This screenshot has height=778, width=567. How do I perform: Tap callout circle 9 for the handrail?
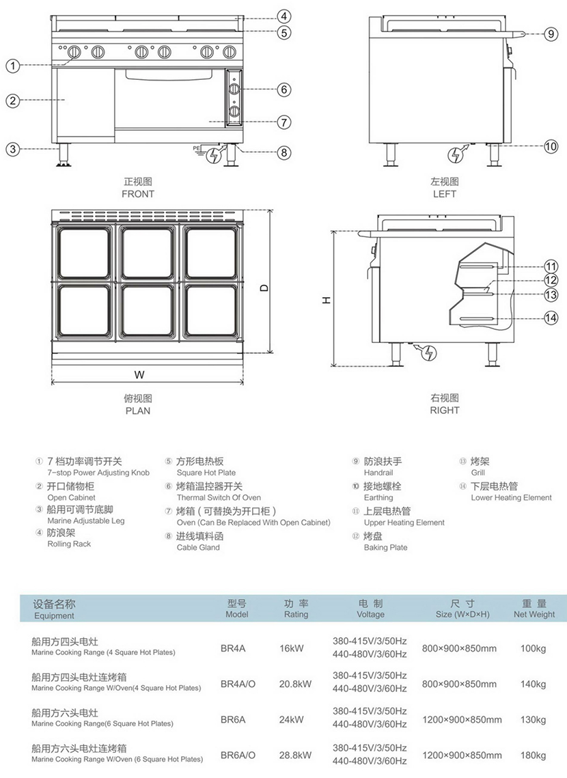[551, 33]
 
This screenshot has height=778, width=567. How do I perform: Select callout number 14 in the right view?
[551, 317]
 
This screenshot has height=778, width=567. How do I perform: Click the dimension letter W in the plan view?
[139, 374]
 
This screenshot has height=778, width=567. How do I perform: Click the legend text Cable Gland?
[198, 548]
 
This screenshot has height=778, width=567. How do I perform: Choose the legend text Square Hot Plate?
[206, 473]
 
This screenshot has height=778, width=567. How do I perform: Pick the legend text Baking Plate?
[385, 548]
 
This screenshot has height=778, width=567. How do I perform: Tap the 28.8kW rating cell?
[295, 755]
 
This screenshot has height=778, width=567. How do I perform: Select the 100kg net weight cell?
[534, 648]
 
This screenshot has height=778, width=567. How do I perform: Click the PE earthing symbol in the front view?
[197, 148]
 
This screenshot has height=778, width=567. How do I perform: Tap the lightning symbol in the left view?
[455, 155]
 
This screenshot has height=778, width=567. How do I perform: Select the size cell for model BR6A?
[462, 720]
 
